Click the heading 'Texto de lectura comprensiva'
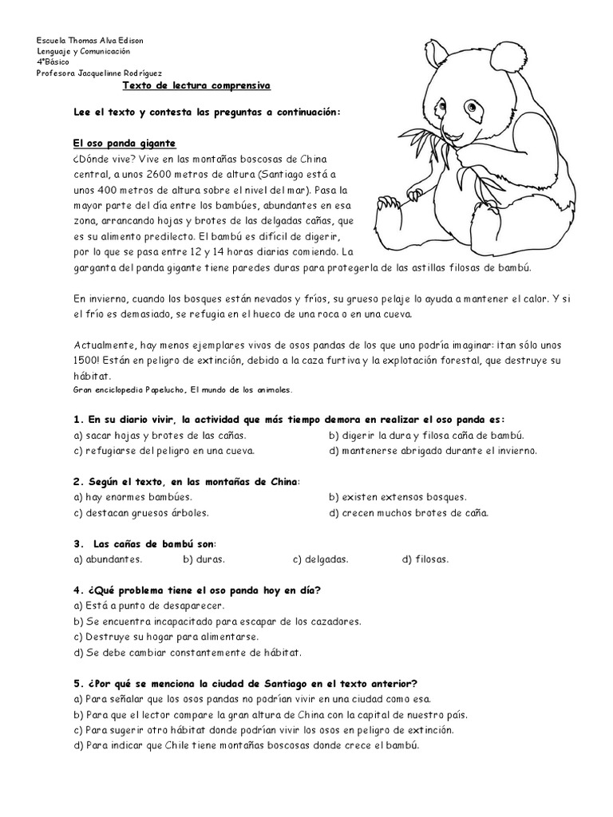click(196, 84)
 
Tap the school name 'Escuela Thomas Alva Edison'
click(90, 40)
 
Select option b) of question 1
click(425, 435)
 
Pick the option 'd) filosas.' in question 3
click(425, 559)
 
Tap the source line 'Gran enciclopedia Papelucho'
click(182, 390)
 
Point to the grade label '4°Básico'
click(53, 61)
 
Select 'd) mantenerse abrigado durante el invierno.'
click(432, 451)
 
